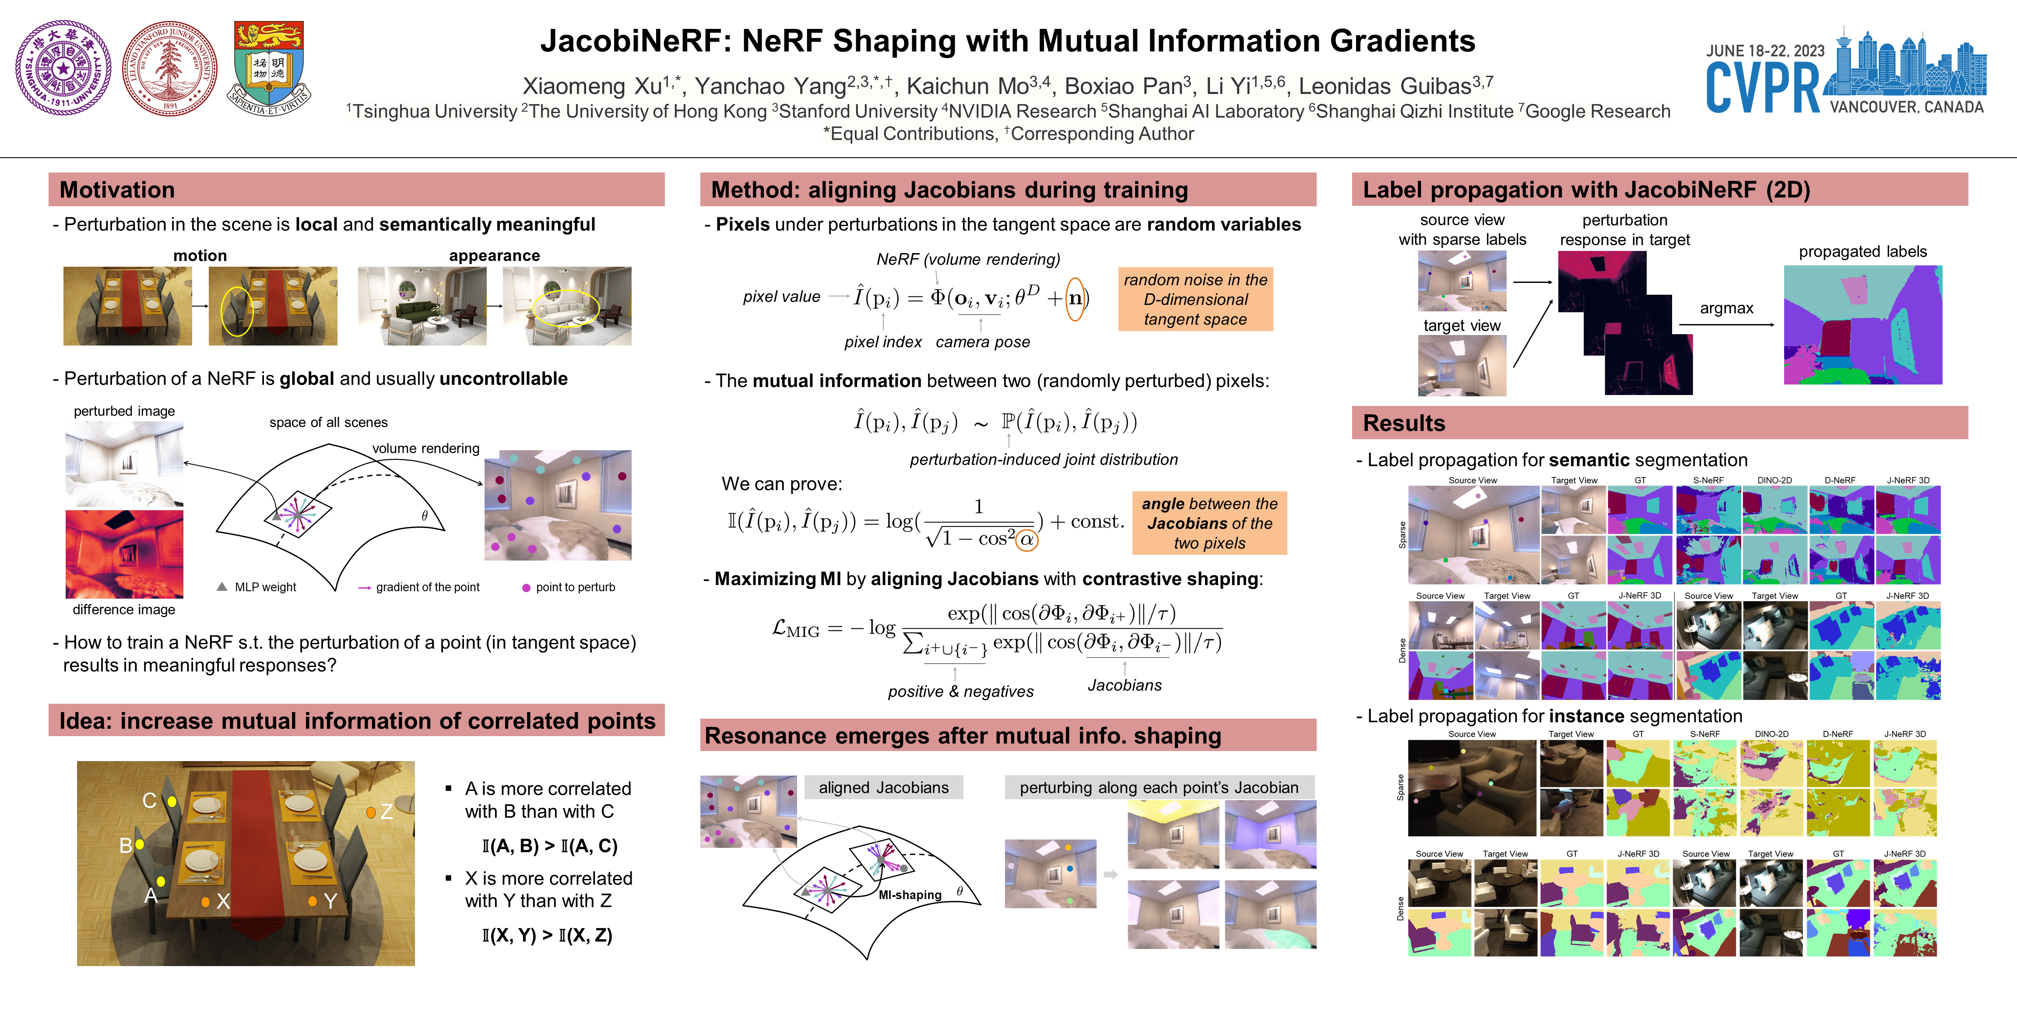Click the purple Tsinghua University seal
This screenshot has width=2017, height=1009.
click(x=63, y=68)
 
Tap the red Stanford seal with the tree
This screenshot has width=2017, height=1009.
click(x=170, y=68)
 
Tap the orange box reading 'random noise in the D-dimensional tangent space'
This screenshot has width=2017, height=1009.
click(x=1195, y=299)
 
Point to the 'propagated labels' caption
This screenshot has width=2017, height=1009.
click(x=1862, y=251)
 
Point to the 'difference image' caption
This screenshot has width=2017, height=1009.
click(x=124, y=610)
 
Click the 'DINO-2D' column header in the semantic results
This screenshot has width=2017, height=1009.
click(x=1774, y=480)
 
